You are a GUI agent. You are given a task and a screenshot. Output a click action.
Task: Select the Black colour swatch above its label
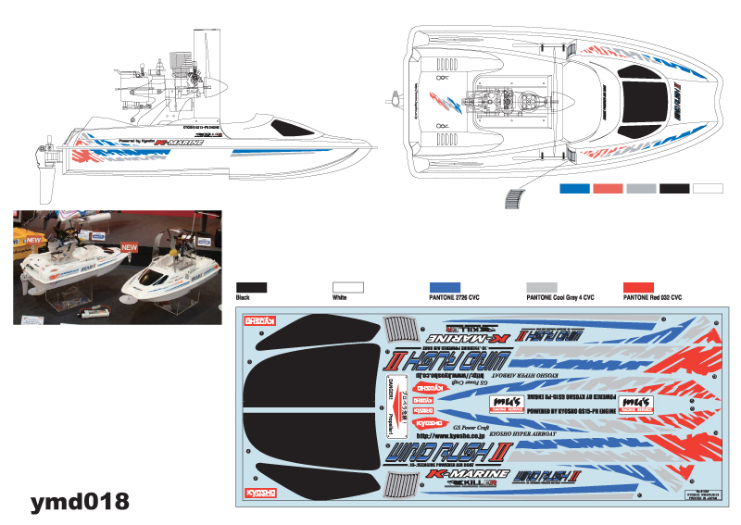[252, 287]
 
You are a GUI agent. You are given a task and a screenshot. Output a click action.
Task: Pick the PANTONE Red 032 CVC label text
[652, 298]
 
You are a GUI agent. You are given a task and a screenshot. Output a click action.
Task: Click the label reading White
[340, 298]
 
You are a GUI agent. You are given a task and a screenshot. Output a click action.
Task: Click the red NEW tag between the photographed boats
[130, 247]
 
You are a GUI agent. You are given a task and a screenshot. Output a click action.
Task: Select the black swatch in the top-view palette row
[674, 188]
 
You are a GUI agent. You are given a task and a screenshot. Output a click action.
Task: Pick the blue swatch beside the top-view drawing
[574, 188]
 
